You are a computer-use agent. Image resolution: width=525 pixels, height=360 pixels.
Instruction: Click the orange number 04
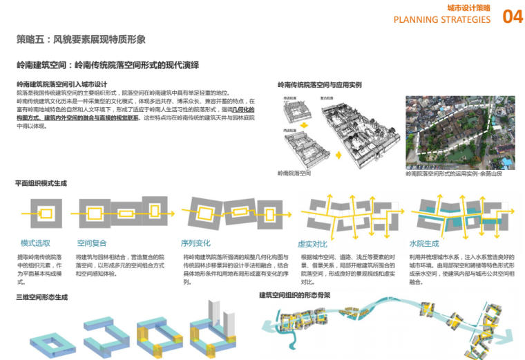point(513,17)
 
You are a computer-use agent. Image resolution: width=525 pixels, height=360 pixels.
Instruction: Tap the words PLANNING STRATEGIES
point(442,19)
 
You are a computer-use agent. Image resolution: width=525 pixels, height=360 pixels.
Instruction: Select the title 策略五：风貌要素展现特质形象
point(81,39)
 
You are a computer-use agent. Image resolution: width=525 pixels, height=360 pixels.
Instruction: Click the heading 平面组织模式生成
point(41,184)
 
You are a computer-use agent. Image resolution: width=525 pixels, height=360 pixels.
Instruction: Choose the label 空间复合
point(91,243)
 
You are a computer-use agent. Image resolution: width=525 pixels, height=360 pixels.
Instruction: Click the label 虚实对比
point(312,244)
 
